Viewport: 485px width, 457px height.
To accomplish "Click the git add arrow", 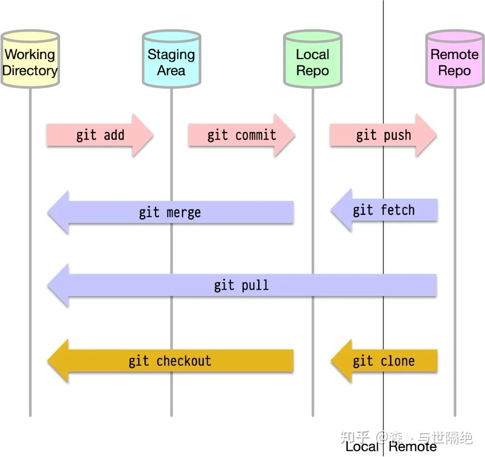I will click(x=100, y=135).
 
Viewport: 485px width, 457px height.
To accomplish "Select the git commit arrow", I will click(x=241, y=135).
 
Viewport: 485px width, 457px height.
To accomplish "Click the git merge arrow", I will click(x=170, y=212).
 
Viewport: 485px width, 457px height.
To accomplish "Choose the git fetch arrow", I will click(x=384, y=210).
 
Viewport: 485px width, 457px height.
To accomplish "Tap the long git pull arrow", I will click(x=241, y=286).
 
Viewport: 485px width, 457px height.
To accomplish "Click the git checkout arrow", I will click(x=170, y=361).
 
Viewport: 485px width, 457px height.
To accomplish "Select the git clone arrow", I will click(x=384, y=361).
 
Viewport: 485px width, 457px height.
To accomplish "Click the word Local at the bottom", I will click(x=362, y=447).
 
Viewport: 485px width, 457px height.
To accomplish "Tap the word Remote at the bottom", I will click(x=413, y=447).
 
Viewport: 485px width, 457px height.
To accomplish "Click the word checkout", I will click(x=184, y=361).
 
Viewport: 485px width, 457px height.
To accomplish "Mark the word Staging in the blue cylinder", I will click(x=171, y=55).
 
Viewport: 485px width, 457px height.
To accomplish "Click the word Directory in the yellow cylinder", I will click(x=30, y=70).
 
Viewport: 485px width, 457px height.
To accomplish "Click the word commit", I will click(x=256, y=135).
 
